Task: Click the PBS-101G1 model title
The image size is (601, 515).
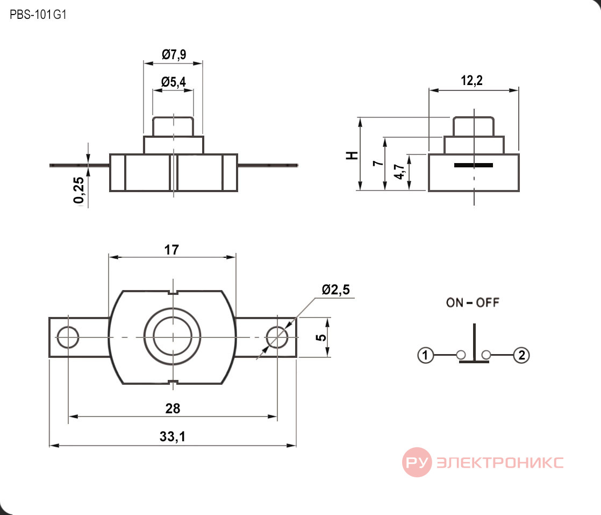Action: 38,15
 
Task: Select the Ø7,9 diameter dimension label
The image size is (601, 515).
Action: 174,54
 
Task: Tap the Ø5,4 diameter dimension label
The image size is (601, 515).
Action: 174,82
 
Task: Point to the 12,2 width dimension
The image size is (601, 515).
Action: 471,81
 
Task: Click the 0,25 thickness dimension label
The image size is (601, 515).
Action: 78,191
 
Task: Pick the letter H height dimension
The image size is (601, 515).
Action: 352,156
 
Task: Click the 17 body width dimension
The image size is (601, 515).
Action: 171,250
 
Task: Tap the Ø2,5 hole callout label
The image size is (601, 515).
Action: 336,290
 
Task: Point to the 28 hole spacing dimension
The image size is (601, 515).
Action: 173,408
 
